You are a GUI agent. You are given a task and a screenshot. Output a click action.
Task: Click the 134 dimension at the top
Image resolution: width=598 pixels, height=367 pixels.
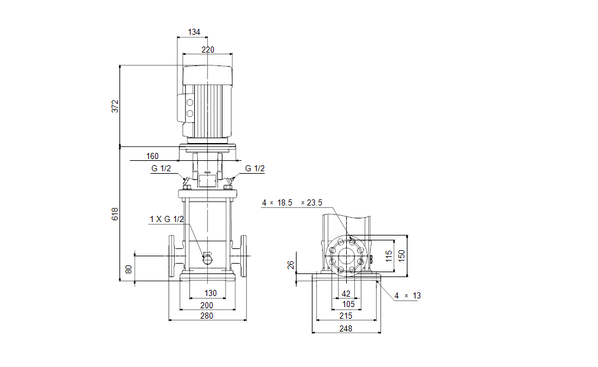[x=194, y=32]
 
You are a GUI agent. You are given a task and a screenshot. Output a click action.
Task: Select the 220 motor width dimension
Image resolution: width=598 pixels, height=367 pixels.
[x=208, y=50]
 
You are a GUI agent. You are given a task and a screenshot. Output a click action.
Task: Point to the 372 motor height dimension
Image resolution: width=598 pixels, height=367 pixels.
[x=115, y=106]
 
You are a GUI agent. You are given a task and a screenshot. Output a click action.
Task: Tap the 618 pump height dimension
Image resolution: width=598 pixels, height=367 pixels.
[x=115, y=214]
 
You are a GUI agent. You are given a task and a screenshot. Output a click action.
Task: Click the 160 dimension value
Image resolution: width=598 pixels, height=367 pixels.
[x=153, y=156]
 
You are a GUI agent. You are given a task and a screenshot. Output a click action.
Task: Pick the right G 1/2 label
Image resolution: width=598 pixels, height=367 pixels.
[x=255, y=169]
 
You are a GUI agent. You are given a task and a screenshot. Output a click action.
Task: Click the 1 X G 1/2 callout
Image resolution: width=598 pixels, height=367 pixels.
[x=166, y=219]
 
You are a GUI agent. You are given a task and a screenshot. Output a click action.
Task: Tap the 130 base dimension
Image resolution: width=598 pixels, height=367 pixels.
[x=210, y=294]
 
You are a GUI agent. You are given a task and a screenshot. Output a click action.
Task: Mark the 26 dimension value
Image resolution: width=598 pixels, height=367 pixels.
[x=291, y=265]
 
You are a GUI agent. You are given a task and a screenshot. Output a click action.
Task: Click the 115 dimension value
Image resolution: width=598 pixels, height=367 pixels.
[x=388, y=256]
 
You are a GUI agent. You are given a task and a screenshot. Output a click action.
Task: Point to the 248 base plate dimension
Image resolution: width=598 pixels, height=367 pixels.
[x=346, y=329]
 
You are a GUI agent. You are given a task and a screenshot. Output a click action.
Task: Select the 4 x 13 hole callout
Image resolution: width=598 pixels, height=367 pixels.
[x=407, y=295]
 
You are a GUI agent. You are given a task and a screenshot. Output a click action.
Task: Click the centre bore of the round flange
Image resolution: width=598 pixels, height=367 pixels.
[x=347, y=256]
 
